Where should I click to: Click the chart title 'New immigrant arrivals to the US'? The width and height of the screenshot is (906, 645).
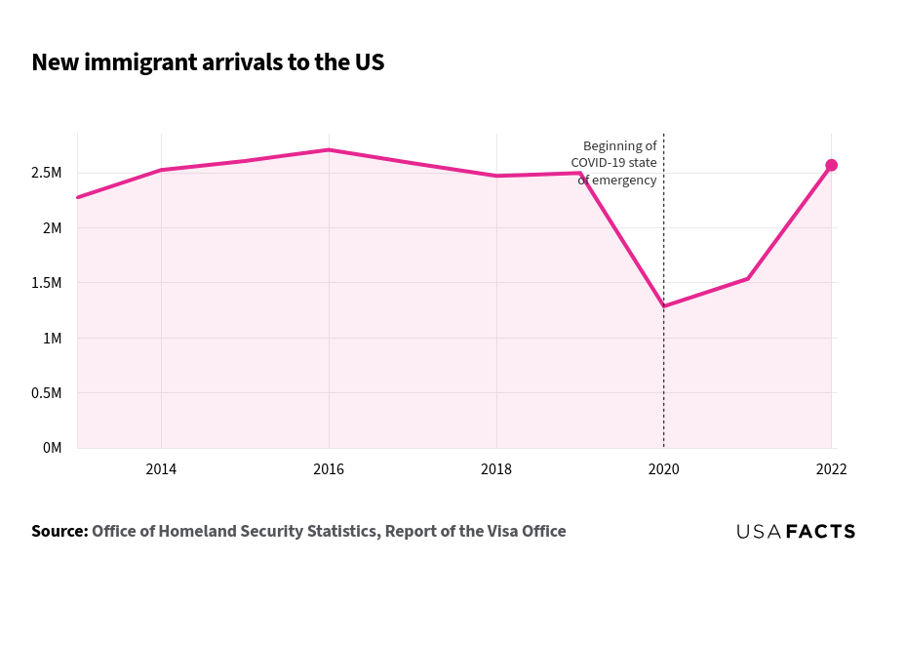(x=208, y=62)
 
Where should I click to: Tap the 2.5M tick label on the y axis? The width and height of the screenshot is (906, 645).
(x=46, y=173)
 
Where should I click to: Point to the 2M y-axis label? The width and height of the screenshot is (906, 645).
(x=51, y=228)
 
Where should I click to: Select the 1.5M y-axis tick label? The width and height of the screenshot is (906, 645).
(x=46, y=283)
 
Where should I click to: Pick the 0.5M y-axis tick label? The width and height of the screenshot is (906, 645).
(x=46, y=393)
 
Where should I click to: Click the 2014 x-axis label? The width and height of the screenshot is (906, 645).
(x=161, y=469)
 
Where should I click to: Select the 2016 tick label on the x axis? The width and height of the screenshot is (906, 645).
(x=329, y=469)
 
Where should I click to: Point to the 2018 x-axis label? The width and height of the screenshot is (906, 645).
(x=496, y=469)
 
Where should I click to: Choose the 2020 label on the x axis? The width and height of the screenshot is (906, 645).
(x=664, y=469)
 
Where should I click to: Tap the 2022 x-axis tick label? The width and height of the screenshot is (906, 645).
(x=831, y=469)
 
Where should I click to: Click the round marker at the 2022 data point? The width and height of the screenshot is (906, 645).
(x=831, y=165)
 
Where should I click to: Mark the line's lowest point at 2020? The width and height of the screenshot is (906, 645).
(x=664, y=306)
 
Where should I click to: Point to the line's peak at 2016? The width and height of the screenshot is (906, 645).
(x=329, y=149)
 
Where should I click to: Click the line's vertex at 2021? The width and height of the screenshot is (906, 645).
(x=748, y=278)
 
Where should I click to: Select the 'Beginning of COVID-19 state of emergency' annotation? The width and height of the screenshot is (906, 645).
(x=614, y=163)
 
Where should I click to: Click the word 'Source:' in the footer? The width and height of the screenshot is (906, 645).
(x=59, y=532)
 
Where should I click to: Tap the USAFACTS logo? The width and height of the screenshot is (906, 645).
(x=796, y=532)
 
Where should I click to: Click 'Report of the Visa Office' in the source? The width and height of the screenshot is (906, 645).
(x=475, y=532)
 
